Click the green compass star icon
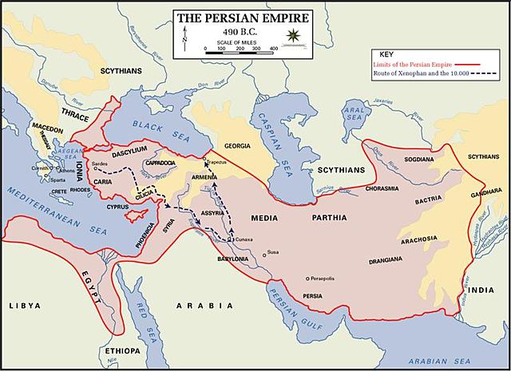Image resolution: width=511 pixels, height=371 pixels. (295, 35)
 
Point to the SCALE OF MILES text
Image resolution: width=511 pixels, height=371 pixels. (239, 41)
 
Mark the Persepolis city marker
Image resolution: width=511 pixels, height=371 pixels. (307, 278)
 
